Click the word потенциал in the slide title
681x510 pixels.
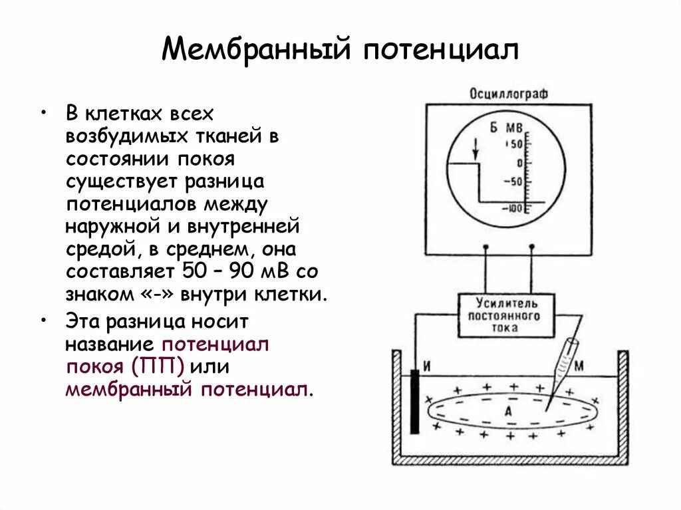440,49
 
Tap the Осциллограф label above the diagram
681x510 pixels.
509,94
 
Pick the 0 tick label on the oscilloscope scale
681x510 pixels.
520,163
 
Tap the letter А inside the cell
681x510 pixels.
507,412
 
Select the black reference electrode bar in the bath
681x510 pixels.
414,402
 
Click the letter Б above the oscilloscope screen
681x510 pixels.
494,127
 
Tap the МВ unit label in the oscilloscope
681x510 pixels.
514,127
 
